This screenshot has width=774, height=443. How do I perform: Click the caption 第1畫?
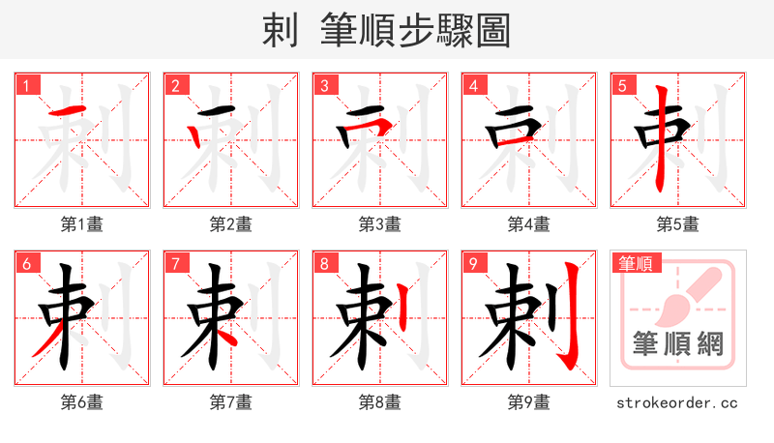[82, 224]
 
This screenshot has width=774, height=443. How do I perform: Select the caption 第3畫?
[379, 224]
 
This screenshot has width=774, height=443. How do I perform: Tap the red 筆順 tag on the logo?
[635, 263]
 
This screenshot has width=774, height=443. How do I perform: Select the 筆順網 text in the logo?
[677, 343]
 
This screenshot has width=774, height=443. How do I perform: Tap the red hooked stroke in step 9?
[572, 319]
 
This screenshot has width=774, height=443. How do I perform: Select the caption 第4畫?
[528, 224]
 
